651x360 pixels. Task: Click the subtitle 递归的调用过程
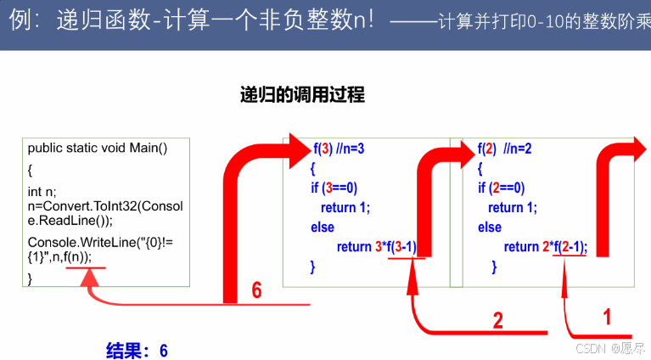pos(302,94)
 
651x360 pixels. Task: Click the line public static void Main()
pos(98,148)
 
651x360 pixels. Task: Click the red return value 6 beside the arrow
pos(255,290)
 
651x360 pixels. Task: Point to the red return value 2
pos(498,320)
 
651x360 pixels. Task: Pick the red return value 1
pos(606,317)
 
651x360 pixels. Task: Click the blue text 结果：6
pos(137,350)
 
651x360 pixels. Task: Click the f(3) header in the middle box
pos(321,148)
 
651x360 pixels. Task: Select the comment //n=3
pos(350,148)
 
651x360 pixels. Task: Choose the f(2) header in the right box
pos(486,148)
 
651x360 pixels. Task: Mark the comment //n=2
pos(517,148)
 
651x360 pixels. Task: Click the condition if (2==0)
pos(502,188)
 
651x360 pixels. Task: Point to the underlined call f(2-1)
pos(568,247)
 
